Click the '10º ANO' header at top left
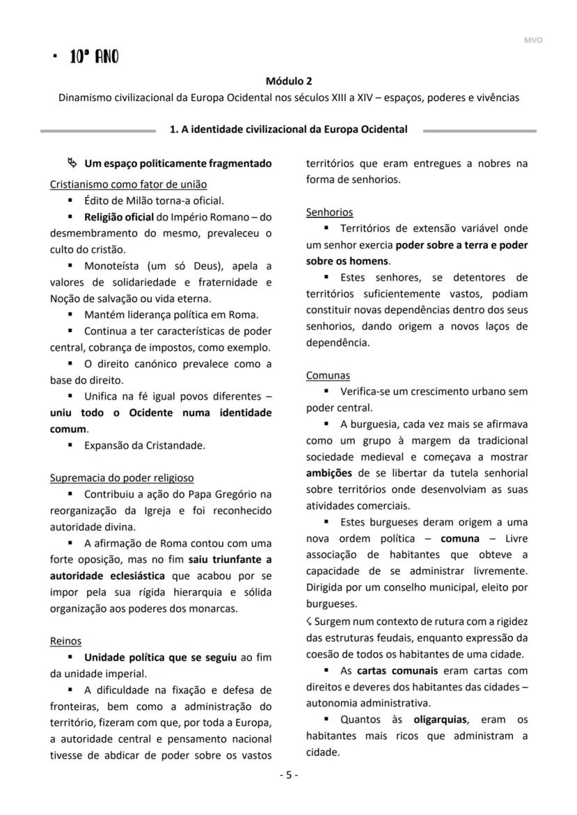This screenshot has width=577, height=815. click(93, 57)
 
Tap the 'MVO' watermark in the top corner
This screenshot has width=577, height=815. click(532, 40)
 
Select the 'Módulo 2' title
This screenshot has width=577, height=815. click(288, 81)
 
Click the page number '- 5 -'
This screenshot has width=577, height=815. click(288, 775)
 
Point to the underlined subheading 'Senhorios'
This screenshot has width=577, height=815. click(329, 212)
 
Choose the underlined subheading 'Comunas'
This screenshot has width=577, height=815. click(328, 375)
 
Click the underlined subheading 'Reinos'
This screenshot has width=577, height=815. click(66, 641)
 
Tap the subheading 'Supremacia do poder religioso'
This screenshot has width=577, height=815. click(122, 478)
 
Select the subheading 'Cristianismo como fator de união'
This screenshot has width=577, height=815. click(128, 185)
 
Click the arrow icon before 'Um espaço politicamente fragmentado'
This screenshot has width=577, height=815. click(72, 164)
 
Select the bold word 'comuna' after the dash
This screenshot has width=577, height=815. click(460, 538)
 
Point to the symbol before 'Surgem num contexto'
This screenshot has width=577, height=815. click(309, 621)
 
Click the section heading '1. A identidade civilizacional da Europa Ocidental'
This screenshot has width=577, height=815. click(288, 130)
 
